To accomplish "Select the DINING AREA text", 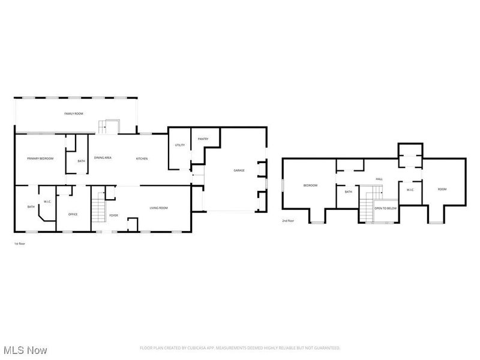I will pyautogui.click(x=103, y=158).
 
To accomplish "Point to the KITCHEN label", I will pyautogui.click(x=142, y=158).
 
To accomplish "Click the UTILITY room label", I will pyautogui.click(x=179, y=145).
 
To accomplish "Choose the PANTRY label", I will pyautogui.click(x=203, y=139).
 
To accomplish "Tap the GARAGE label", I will pyautogui.click(x=239, y=171).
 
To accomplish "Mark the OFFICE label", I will pyautogui.click(x=73, y=214).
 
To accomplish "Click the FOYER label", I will pyautogui.click(x=113, y=215).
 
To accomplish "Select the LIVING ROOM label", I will pyautogui.click(x=158, y=208).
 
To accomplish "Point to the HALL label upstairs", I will pyautogui.click(x=379, y=179).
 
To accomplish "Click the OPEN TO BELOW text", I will pyautogui.click(x=385, y=208).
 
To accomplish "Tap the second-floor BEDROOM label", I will pyautogui.click(x=310, y=185).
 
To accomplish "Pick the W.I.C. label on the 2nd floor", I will pyautogui.click(x=410, y=190).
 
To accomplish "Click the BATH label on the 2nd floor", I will pyautogui.click(x=348, y=192).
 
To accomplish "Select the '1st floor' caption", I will pyautogui.click(x=19, y=244).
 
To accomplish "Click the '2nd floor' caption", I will pyautogui.click(x=288, y=221).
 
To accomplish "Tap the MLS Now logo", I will pyautogui.click(x=25, y=349).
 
